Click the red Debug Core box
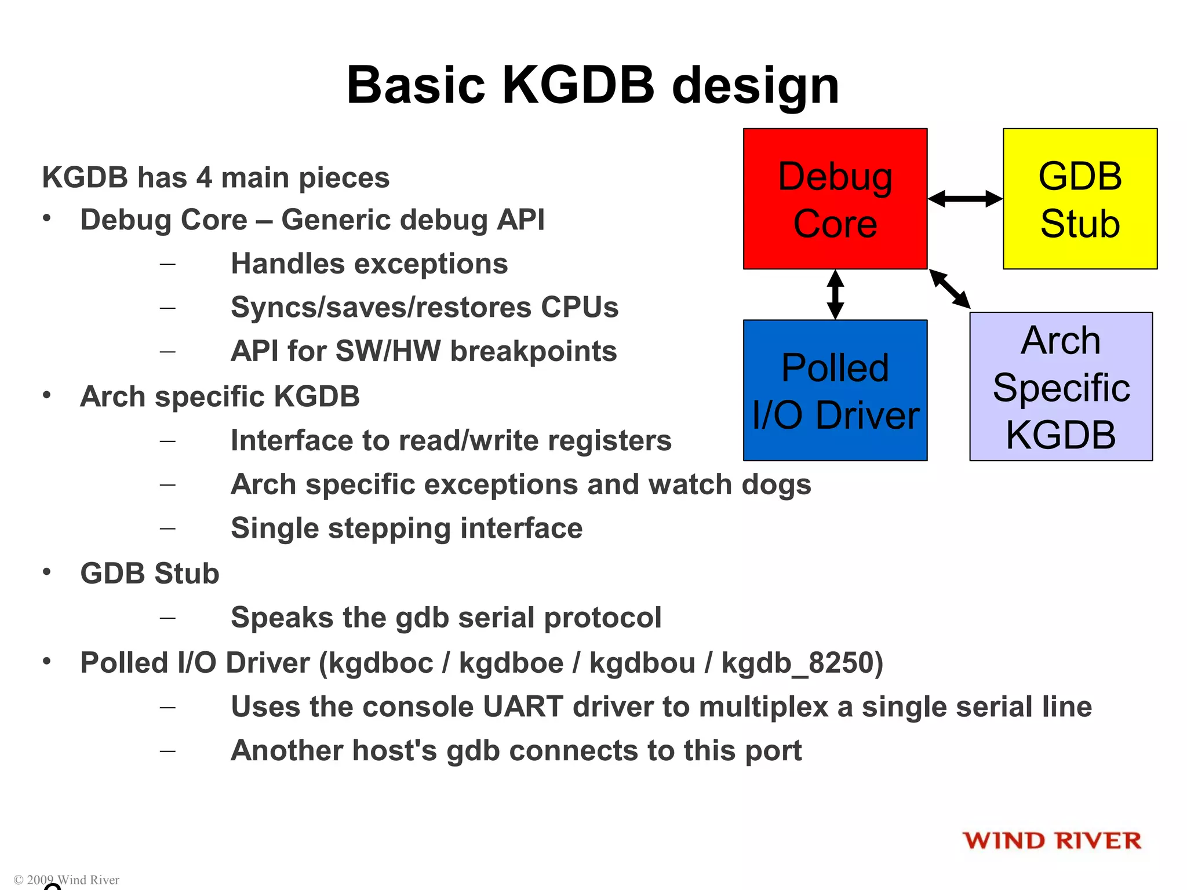(835, 199)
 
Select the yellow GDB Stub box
(1080, 199)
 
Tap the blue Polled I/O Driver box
(835, 390)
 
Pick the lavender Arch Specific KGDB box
(1061, 386)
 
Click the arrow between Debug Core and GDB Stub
(965, 199)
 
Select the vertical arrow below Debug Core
(835, 294)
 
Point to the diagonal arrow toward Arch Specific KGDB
(950, 289)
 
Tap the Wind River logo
(1052, 840)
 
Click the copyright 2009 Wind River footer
(67, 880)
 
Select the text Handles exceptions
(369, 264)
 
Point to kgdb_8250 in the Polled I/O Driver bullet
(802, 663)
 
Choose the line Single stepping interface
(406, 528)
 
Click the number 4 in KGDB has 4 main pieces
(204, 177)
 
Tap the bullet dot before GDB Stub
(47, 572)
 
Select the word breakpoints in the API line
(533, 351)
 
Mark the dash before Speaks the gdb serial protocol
(168, 618)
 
